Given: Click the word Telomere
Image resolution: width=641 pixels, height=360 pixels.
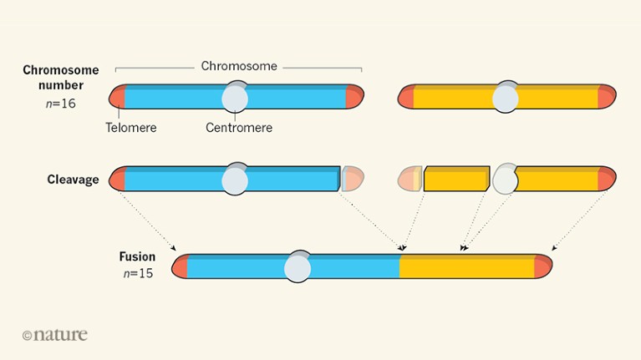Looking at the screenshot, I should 131,128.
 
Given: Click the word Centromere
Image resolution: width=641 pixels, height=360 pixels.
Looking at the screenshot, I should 239,128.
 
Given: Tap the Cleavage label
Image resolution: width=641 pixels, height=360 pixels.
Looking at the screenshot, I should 73,180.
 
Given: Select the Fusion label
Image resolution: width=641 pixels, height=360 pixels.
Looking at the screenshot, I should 137,256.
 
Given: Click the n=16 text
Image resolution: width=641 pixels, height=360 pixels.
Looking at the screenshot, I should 59,104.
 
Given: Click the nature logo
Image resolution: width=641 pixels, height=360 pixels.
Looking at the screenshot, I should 54,334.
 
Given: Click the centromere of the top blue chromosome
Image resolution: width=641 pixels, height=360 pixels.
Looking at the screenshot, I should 235,98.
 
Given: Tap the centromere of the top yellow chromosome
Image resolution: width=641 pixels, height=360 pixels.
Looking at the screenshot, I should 506,98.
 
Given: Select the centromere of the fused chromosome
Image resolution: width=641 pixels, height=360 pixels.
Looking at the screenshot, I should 298,268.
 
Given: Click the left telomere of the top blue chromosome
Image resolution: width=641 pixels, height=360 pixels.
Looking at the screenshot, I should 117,97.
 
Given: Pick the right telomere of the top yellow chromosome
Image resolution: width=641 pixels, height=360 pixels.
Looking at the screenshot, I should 607,97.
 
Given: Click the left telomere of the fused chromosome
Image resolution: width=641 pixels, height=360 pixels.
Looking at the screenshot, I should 180,266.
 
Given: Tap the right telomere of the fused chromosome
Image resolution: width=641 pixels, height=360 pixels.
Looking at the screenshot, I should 543,266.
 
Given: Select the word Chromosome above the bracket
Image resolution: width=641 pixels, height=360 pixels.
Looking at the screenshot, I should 239,66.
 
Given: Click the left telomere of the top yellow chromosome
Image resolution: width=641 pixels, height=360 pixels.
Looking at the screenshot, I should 405,97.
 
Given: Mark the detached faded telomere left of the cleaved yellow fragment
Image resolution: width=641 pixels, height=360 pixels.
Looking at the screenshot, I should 409,179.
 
